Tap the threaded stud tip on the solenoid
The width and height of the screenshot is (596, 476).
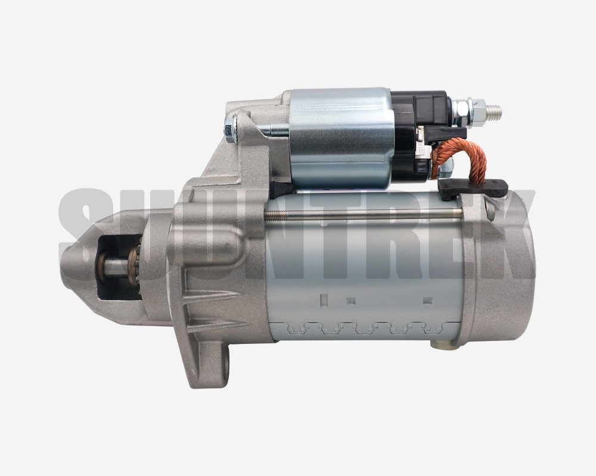pos(495,112)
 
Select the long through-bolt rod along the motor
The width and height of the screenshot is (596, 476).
pos(363,215)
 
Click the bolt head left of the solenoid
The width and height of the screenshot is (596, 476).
pos(230,130)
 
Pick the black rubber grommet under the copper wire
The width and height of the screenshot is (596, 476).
pos(473,187)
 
